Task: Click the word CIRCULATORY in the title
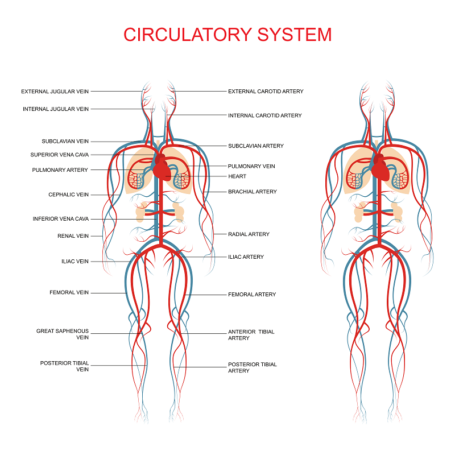point(188,35)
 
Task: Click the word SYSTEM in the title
point(294,35)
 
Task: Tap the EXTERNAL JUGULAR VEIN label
point(55,92)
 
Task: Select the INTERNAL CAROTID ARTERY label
point(264,115)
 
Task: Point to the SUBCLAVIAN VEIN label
point(65,141)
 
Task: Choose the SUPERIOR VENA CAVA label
point(60,155)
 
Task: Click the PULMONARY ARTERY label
point(60,169)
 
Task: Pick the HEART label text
point(237,176)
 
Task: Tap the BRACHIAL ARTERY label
point(252,192)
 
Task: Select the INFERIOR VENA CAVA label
point(61,219)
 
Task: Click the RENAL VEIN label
point(73,236)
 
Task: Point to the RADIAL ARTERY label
point(249,234)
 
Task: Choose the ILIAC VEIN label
point(75,262)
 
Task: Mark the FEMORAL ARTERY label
point(252,294)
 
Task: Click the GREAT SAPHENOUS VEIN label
point(63,334)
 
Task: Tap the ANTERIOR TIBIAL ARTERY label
point(251,335)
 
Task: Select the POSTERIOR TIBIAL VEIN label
point(64,366)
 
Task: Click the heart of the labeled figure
point(162,169)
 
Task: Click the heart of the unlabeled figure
point(380,169)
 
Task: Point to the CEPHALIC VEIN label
point(68,195)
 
